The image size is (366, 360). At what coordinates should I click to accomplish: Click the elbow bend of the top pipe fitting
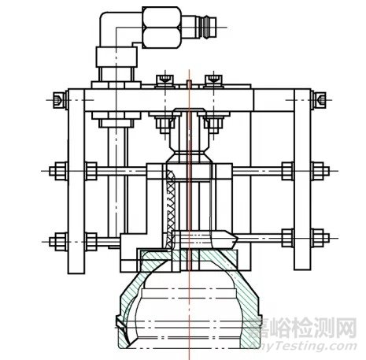click(112, 24)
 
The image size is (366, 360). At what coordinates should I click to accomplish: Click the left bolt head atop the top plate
click(165, 80)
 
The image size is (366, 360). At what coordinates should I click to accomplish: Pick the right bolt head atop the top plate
click(212, 80)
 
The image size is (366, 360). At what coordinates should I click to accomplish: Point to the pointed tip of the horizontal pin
click(234, 236)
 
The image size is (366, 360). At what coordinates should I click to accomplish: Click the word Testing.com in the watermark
click(319, 346)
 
